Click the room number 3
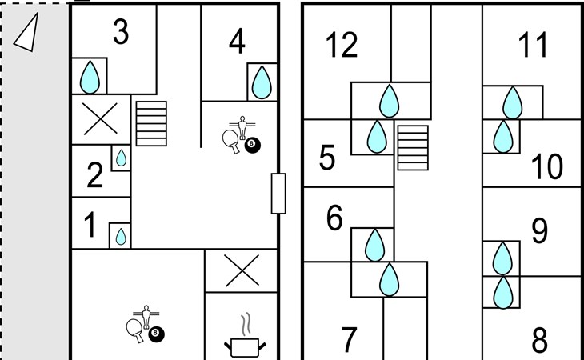(x=121, y=33)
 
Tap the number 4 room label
(x=236, y=42)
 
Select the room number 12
(x=342, y=46)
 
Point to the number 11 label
(x=533, y=46)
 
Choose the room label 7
(x=348, y=340)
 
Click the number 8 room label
(x=540, y=341)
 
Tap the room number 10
(x=548, y=167)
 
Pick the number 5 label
(x=326, y=158)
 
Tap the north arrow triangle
(x=26, y=34)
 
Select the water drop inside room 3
(x=91, y=78)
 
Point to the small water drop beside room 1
(x=120, y=236)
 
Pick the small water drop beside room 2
(x=121, y=158)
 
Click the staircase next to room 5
(x=413, y=147)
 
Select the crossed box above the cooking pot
(x=241, y=270)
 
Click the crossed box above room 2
(x=100, y=120)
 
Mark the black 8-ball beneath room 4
(x=253, y=145)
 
